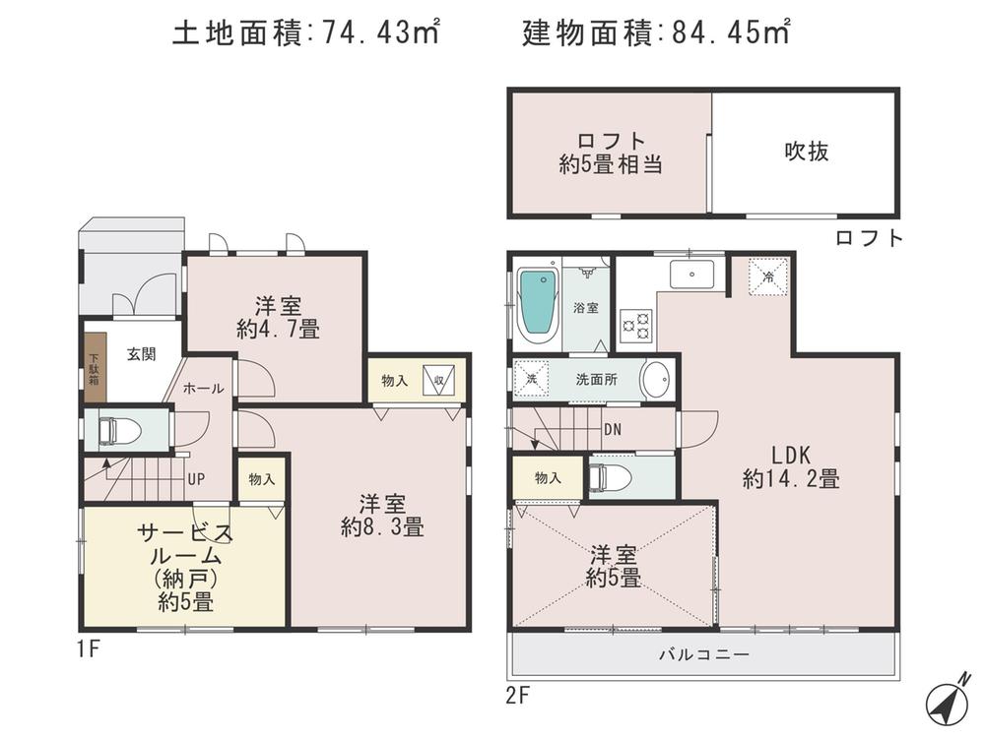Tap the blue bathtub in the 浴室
(537, 304)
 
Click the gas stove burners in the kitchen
(635, 326)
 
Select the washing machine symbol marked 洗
(531, 380)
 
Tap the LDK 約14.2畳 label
(790, 467)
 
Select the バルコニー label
(703, 654)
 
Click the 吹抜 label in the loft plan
(806, 152)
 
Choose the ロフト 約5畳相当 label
(610, 153)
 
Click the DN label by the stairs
(612, 428)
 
